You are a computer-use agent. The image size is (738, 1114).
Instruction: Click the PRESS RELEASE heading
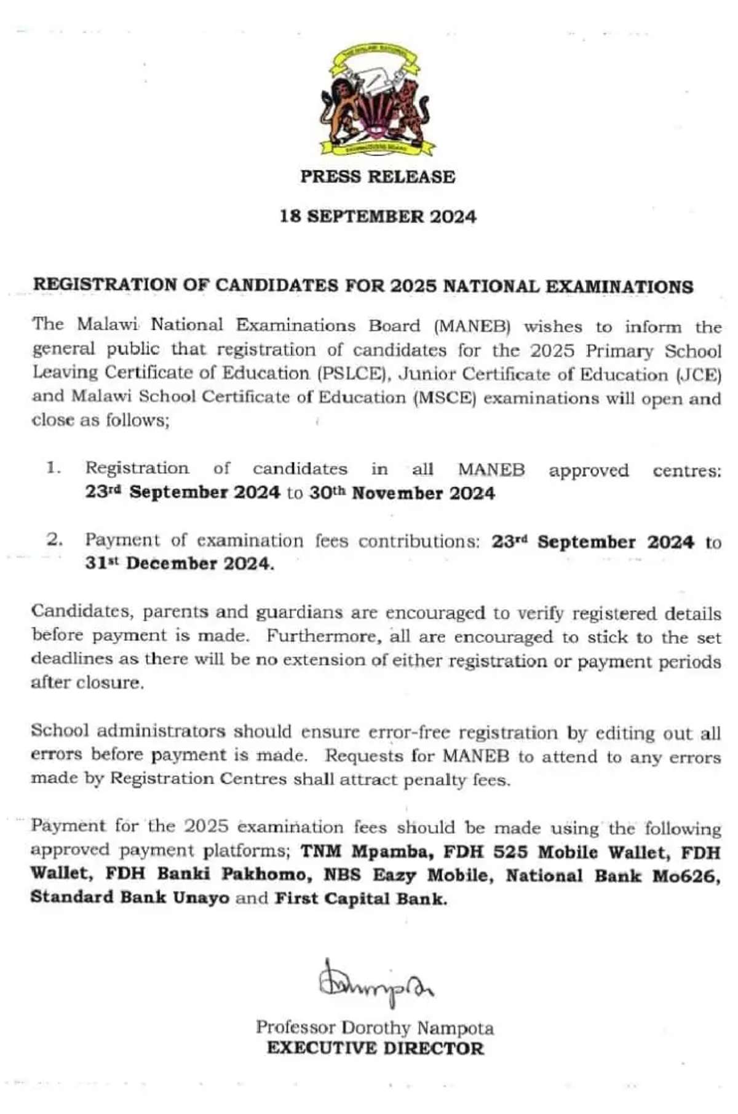pyautogui.click(x=378, y=177)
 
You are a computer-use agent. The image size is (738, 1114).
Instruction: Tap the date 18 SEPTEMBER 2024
pyautogui.click(x=378, y=217)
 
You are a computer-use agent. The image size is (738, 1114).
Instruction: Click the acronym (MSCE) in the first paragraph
pyautogui.click(x=446, y=398)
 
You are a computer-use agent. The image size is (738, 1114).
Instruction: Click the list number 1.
pyautogui.click(x=54, y=468)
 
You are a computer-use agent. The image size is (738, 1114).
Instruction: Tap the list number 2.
pyautogui.click(x=54, y=540)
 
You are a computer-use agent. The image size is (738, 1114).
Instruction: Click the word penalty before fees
pyautogui.click(x=434, y=780)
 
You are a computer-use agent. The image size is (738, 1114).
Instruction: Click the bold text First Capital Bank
pyautogui.click(x=360, y=899)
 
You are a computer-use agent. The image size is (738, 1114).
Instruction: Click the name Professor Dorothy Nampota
pyautogui.click(x=375, y=1027)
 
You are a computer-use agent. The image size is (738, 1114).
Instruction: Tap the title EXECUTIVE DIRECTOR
pyautogui.click(x=375, y=1048)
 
